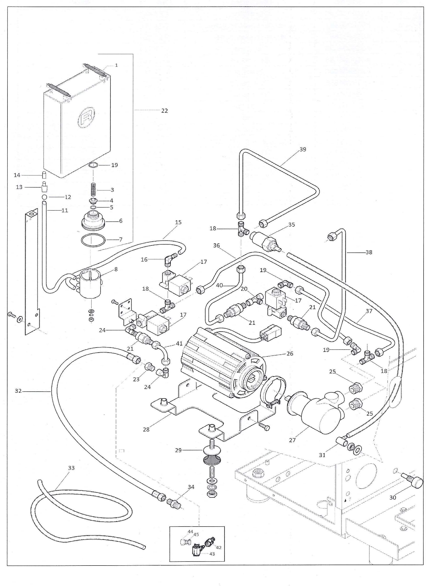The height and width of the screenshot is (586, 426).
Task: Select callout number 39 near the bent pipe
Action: pyautogui.click(x=303, y=149)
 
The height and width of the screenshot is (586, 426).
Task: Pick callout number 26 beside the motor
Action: pyautogui.click(x=290, y=354)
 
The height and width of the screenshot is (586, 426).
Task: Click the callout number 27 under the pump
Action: pyautogui.click(x=292, y=440)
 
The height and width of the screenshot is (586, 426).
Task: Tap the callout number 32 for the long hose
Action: pyautogui.click(x=18, y=391)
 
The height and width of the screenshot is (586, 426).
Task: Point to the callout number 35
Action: pyautogui.click(x=291, y=225)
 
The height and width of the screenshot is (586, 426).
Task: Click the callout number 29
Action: pyautogui.click(x=178, y=450)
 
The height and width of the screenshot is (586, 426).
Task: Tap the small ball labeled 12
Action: pyautogui.click(x=44, y=197)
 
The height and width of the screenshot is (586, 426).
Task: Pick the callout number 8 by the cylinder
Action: pyautogui.click(x=116, y=269)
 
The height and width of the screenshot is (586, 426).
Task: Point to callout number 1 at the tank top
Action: pyautogui.click(x=116, y=65)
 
